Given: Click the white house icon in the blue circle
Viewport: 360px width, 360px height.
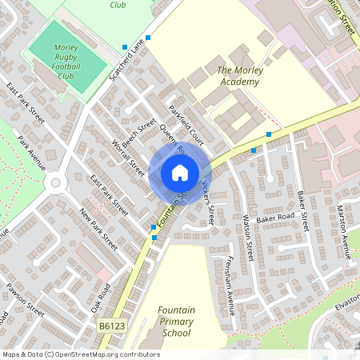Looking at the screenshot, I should pyautogui.click(x=179, y=173).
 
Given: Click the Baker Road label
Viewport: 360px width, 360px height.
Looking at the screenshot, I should pyautogui.click(x=276, y=217).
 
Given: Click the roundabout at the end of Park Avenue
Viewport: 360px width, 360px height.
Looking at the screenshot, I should pyautogui.click(x=54, y=183).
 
